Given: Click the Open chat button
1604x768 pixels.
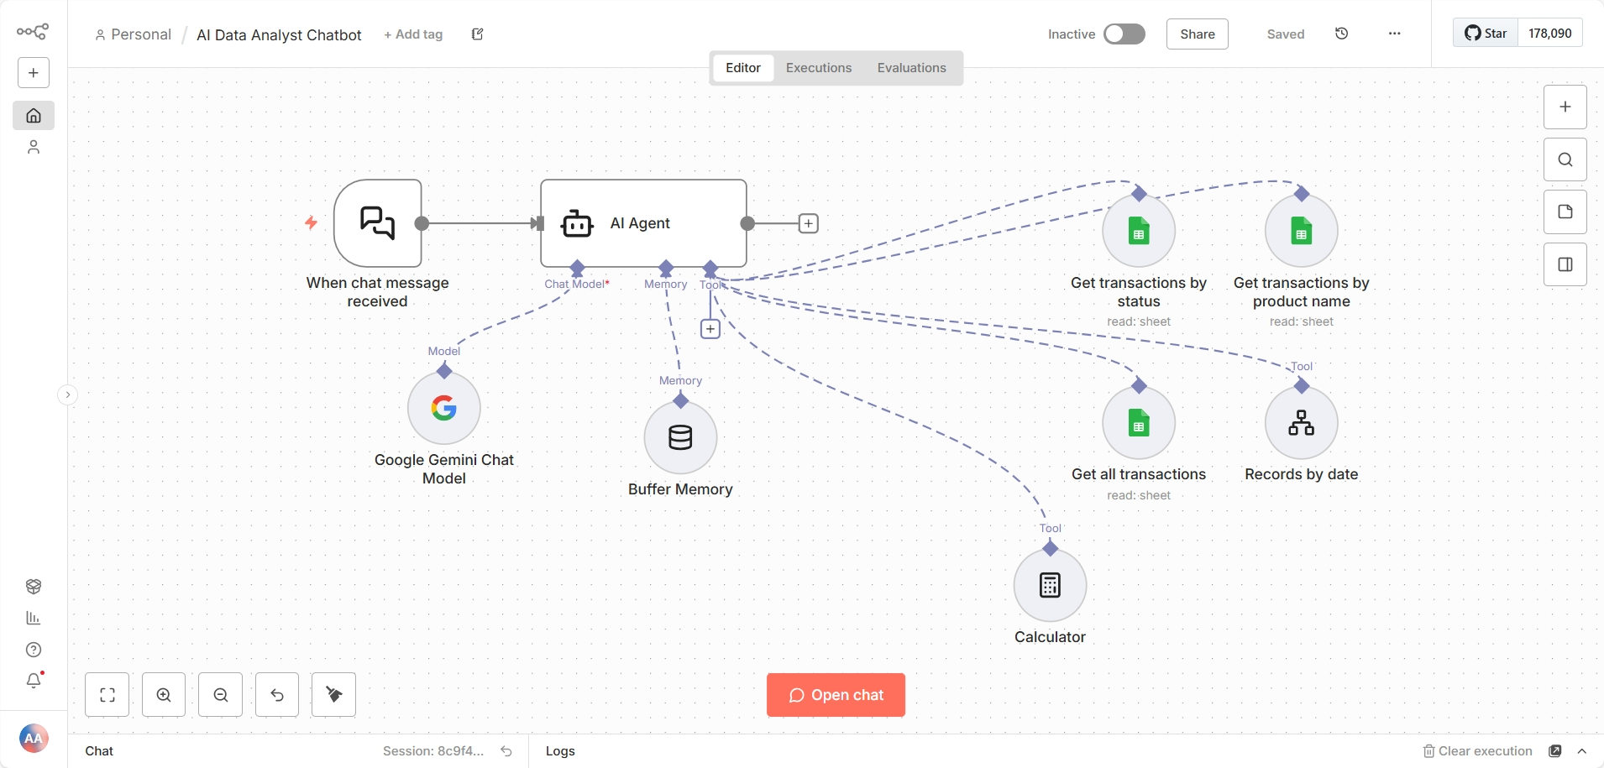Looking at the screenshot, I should [836, 695].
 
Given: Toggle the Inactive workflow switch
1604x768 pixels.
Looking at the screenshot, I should [1124, 34].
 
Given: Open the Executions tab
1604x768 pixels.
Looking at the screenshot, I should [818, 68].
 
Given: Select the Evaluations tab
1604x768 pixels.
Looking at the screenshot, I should [911, 68].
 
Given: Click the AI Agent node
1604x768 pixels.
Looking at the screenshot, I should [643, 223].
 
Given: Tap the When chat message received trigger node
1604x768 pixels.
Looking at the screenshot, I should [378, 223].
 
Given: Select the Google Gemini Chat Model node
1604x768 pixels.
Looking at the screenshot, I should [444, 409].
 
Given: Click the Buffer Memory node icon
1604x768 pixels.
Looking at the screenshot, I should [680, 437].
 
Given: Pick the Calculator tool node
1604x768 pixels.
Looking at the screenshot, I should [1050, 585].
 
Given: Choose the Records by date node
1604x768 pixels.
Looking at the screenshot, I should [1301, 423].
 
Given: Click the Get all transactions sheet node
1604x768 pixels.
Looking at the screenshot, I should [1139, 423].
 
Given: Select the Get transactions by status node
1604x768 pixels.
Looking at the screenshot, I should [1139, 231].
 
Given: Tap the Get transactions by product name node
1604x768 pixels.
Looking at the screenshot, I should [1301, 231].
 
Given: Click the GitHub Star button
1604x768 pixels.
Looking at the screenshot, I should [1486, 34].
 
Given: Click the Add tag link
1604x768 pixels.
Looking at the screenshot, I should [413, 34].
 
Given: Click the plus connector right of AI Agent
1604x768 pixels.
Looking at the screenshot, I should [808, 223].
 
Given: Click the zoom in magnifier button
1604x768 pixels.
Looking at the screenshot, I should [164, 695].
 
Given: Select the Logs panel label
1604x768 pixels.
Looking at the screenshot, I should [560, 751].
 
